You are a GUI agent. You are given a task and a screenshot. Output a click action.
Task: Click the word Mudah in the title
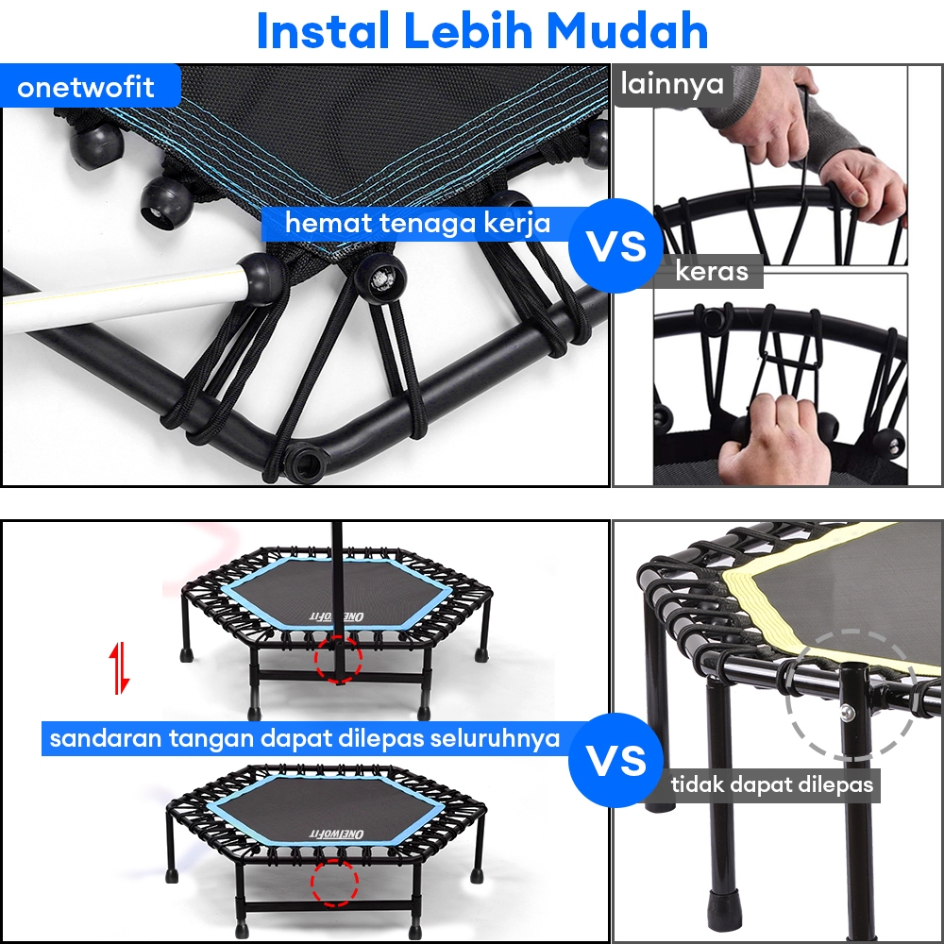[x=628, y=31]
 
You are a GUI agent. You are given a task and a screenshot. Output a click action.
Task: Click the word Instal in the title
[x=323, y=31]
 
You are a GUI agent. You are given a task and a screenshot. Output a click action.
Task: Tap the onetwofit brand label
[x=86, y=87]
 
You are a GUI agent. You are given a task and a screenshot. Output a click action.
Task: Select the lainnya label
[x=672, y=83]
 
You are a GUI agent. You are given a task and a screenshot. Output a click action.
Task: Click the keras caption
[x=712, y=271]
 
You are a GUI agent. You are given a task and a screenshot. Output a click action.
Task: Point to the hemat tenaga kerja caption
[x=417, y=224]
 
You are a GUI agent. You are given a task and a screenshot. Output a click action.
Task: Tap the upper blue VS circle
[x=615, y=245]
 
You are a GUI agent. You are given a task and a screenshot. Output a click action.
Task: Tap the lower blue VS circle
[x=615, y=760]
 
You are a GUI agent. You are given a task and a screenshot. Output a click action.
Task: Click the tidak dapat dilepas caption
[x=772, y=784]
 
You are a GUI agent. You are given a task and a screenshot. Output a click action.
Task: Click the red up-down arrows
[x=121, y=667]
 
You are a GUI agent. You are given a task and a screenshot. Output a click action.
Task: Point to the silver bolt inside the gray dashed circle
[x=847, y=713]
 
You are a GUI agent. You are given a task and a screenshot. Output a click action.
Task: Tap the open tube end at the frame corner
[x=307, y=463]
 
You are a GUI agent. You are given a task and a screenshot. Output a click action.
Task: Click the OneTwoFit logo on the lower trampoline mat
[x=336, y=834]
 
